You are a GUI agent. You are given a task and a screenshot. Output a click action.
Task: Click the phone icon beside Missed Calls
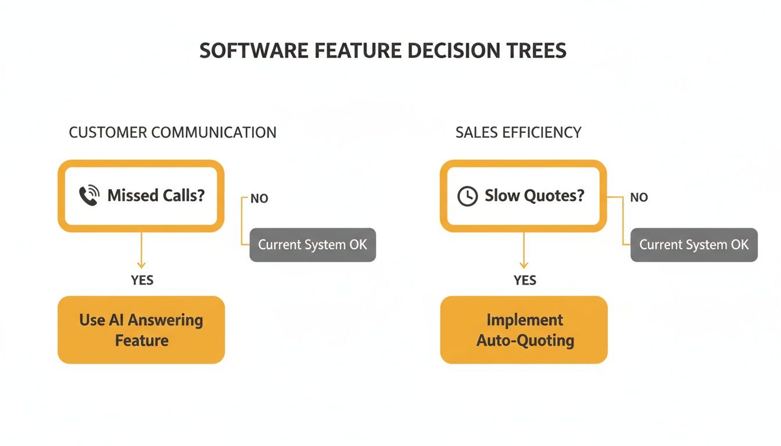click(x=89, y=196)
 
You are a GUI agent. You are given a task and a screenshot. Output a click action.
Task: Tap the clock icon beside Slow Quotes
click(x=467, y=196)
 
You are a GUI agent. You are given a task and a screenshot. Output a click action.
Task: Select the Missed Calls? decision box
click(x=141, y=196)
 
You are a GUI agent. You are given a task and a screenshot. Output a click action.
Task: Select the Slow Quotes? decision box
click(x=523, y=196)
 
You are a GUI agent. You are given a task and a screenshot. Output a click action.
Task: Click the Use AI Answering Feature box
click(x=141, y=330)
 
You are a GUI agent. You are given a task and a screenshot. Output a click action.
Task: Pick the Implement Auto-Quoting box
click(x=524, y=330)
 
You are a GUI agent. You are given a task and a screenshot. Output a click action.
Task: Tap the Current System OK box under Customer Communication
click(x=313, y=244)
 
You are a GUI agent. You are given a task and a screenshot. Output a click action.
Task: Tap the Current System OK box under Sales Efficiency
click(x=694, y=244)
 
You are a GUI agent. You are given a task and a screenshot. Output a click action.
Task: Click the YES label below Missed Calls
click(x=142, y=280)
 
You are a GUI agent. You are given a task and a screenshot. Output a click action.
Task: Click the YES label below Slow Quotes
click(x=525, y=280)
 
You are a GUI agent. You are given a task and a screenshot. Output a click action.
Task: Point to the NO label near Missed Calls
click(x=259, y=199)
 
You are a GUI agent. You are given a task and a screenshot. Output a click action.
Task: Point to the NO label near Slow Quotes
click(x=639, y=197)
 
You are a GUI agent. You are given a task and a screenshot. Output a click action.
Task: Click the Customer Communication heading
click(x=173, y=132)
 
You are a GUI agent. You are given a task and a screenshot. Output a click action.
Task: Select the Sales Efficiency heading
click(x=518, y=132)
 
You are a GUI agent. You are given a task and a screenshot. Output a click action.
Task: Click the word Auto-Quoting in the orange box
click(x=525, y=340)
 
